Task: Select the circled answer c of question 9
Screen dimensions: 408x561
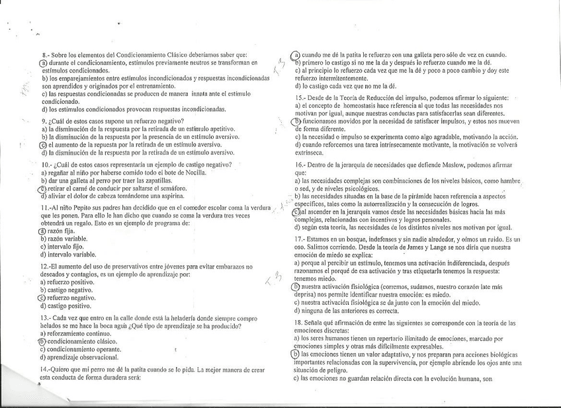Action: pos(43,145)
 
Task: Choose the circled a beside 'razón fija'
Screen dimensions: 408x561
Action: pos(43,231)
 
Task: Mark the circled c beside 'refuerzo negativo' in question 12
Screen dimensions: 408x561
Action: pos(43,298)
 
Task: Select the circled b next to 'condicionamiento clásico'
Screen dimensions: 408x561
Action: pos(43,341)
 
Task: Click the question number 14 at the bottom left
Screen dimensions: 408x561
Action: pos(46,369)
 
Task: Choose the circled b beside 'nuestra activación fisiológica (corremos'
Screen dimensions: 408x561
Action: pos(296,287)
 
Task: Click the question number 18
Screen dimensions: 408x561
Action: pos(299,321)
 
